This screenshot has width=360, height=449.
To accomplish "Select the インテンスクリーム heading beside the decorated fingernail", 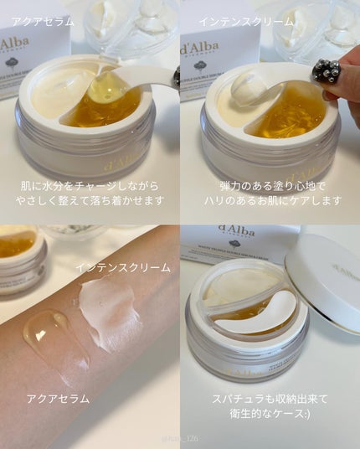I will (246, 21).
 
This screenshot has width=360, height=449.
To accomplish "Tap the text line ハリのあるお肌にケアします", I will (270, 201).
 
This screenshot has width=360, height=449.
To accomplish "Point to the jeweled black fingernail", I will (326, 71).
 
